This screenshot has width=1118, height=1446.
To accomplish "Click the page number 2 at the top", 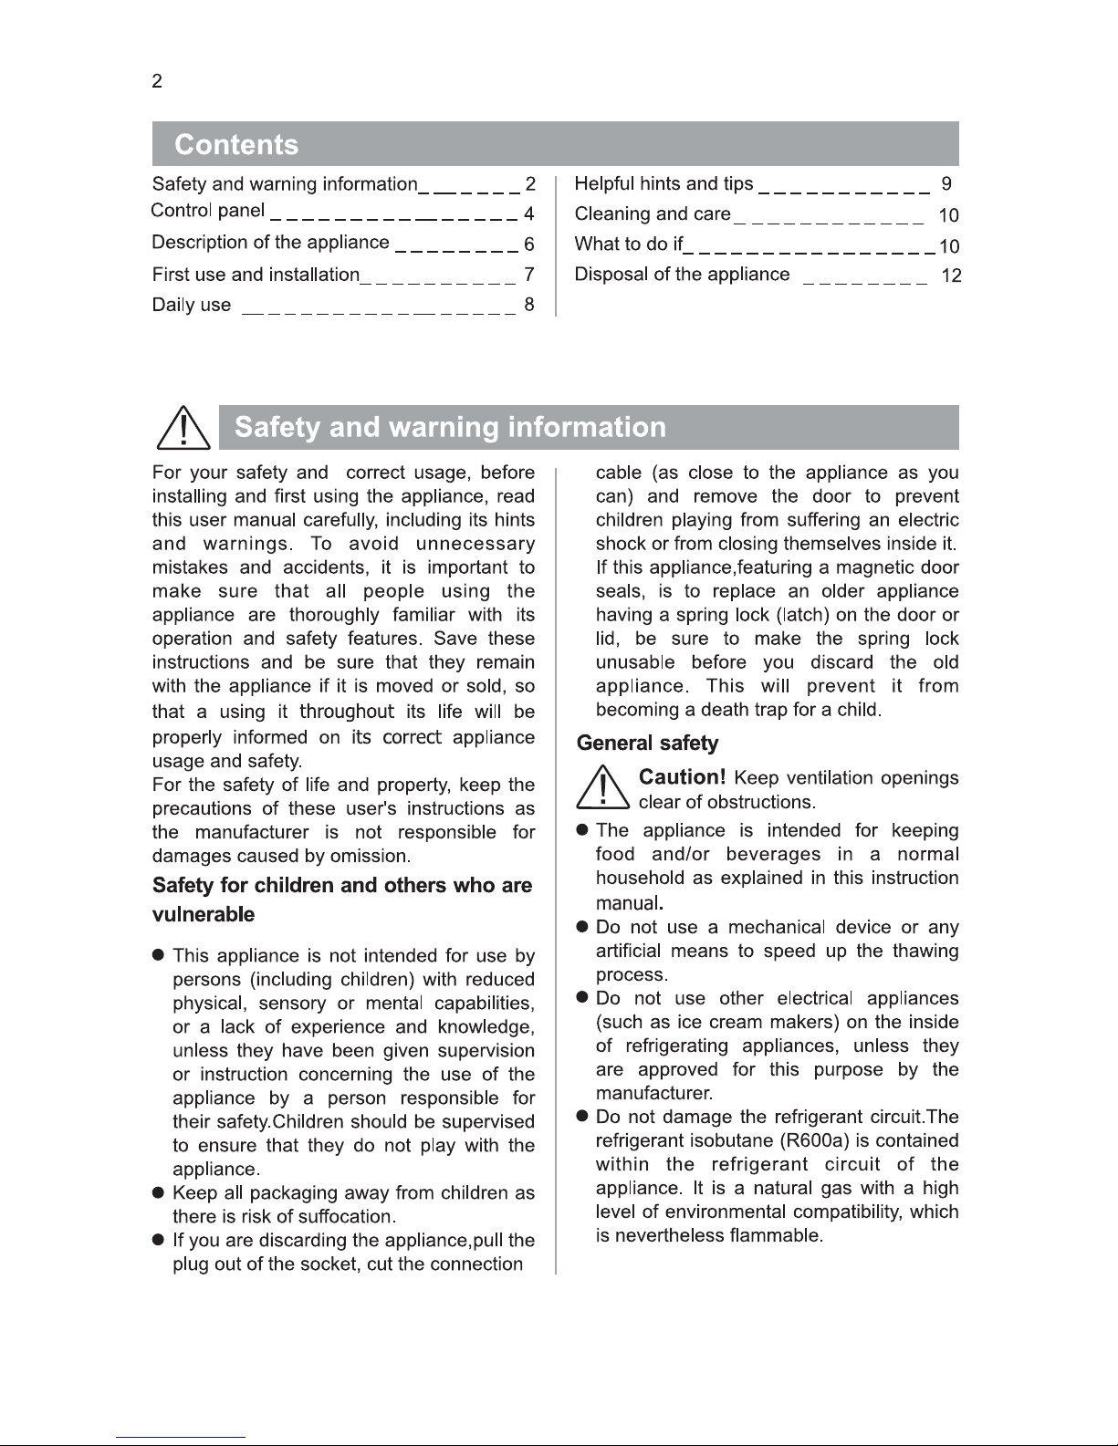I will click(x=157, y=81).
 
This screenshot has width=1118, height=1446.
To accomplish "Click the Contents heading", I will click(x=236, y=145).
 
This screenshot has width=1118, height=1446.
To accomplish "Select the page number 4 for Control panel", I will click(x=529, y=214).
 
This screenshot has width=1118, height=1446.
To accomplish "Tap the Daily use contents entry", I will click(x=192, y=306).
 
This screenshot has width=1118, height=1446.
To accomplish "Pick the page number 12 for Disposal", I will click(x=951, y=276).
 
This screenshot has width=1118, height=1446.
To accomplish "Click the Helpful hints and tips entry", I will click(x=663, y=184).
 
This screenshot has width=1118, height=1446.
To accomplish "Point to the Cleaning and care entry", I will click(x=653, y=214).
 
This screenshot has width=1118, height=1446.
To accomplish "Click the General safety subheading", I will click(x=648, y=744).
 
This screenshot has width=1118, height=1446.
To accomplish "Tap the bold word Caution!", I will click(x=682, y=777).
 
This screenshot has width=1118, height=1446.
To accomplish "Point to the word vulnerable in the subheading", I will click(x=204, y=915).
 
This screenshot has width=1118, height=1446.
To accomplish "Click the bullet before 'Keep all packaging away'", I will click(x=158, y=1193).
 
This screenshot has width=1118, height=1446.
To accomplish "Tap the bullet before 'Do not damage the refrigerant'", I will click(x=581, y=1118).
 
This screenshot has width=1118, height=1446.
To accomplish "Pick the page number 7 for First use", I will click(x=529, y=275).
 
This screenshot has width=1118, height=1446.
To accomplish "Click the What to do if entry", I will click(x=629, y=244).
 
